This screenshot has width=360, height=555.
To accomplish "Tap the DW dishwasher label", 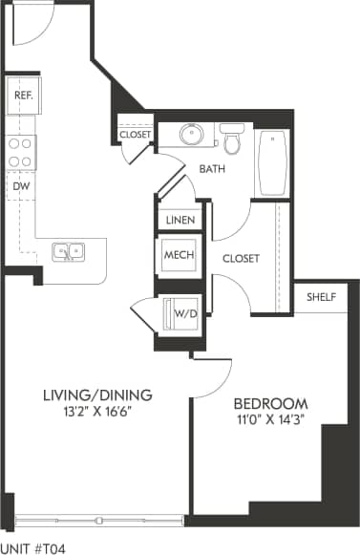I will (x=20, y=185).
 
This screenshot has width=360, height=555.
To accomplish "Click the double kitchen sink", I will (x=68, y=252).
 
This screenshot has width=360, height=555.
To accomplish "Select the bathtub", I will (x=275, y=160).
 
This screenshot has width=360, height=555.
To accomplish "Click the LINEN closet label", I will (x=180, y=221).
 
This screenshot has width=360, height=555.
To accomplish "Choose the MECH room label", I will (x=180, y=256).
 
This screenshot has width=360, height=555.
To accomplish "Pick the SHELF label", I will (x=321, y=297).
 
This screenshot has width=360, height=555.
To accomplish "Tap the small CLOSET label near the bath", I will (x=135, y=135).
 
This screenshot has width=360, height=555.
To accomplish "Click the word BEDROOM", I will (x=271, y=402).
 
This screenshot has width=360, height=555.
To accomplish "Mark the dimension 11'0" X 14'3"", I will (x=271, y=419).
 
